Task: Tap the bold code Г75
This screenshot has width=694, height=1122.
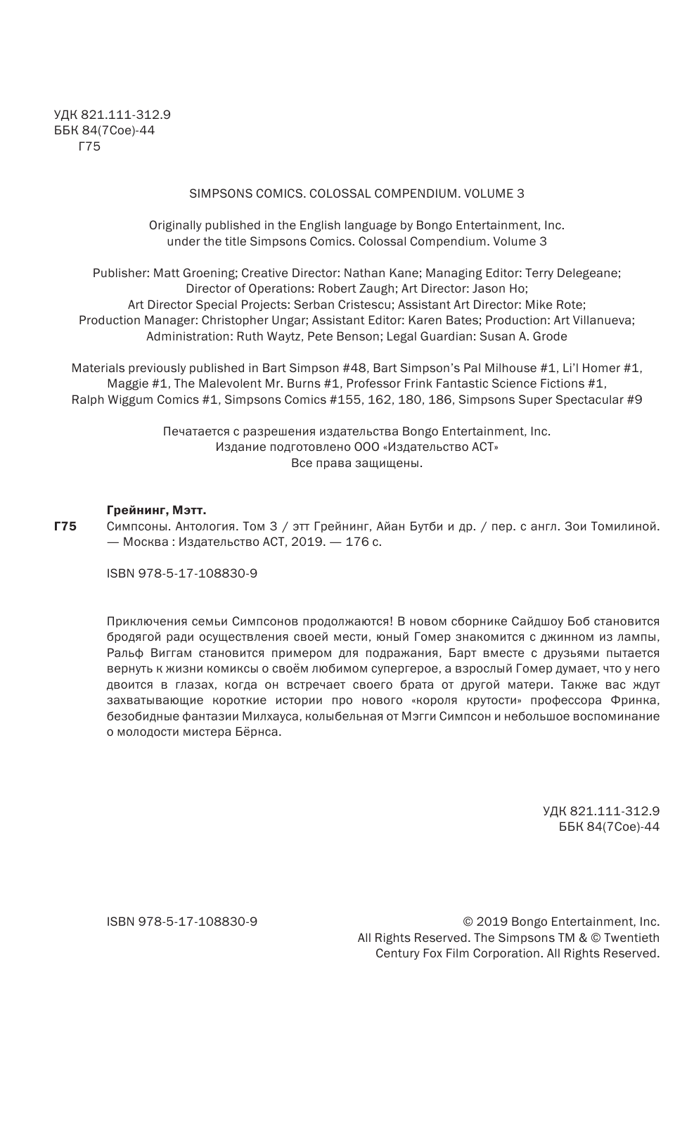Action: point(65,526)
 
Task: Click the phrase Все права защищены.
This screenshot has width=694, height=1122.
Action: point(356,464)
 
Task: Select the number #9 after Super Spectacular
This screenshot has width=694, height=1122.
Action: point(634,400)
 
